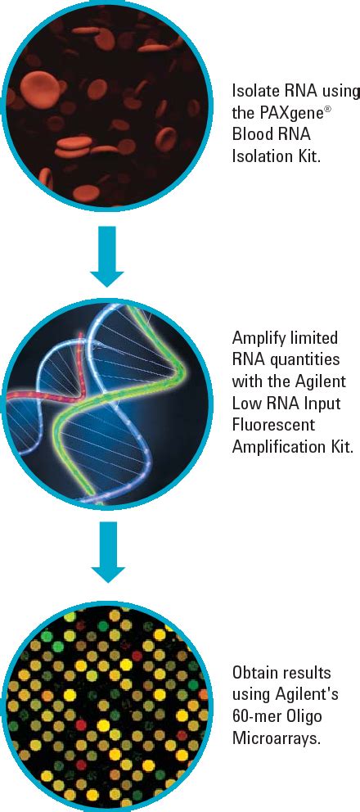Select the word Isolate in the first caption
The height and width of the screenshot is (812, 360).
tap(255, 90)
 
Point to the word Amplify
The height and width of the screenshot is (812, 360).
tap(258, 337)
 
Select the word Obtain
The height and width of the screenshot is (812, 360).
tap(254, 672)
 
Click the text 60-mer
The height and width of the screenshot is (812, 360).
tap(257, 715)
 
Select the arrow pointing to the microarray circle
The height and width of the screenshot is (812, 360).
tap(106, 553)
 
